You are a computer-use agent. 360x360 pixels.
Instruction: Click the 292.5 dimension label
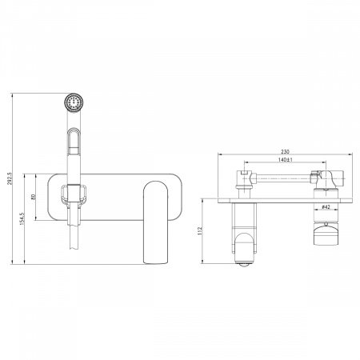[x=10, y=178]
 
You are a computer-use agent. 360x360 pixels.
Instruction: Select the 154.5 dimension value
[x=22, y=218]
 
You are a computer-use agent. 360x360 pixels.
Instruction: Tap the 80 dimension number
[x=34, y=197]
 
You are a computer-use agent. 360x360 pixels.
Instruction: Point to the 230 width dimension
[x=285, y=151]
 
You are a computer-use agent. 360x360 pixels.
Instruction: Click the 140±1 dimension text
[x=286, y=160]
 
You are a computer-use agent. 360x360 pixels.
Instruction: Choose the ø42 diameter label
[x=326, y=206]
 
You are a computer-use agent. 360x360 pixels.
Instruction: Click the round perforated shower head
[x=74, y=102]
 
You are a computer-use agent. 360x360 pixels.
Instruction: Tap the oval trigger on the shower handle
[x=74, y=142]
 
